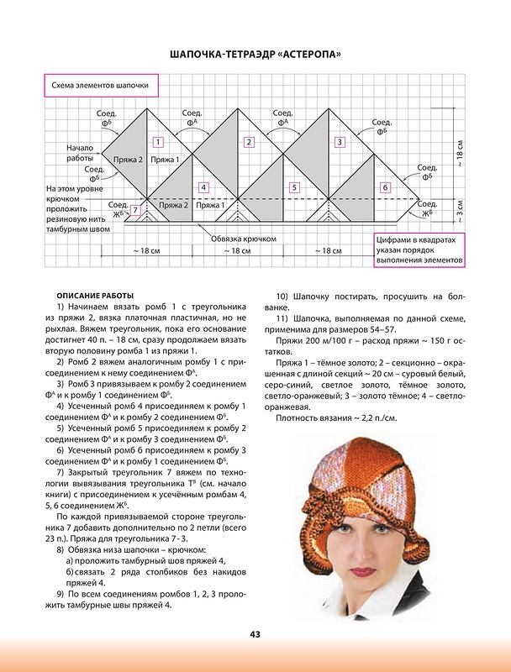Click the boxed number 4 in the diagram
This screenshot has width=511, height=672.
tap(203, 186)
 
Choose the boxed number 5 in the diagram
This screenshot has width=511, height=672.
tap(294, 186)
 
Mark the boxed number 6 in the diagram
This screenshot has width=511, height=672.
tap(385, 186)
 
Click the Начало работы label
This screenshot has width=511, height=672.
tap(79, 152)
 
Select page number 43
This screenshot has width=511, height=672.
tap(255, 633)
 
